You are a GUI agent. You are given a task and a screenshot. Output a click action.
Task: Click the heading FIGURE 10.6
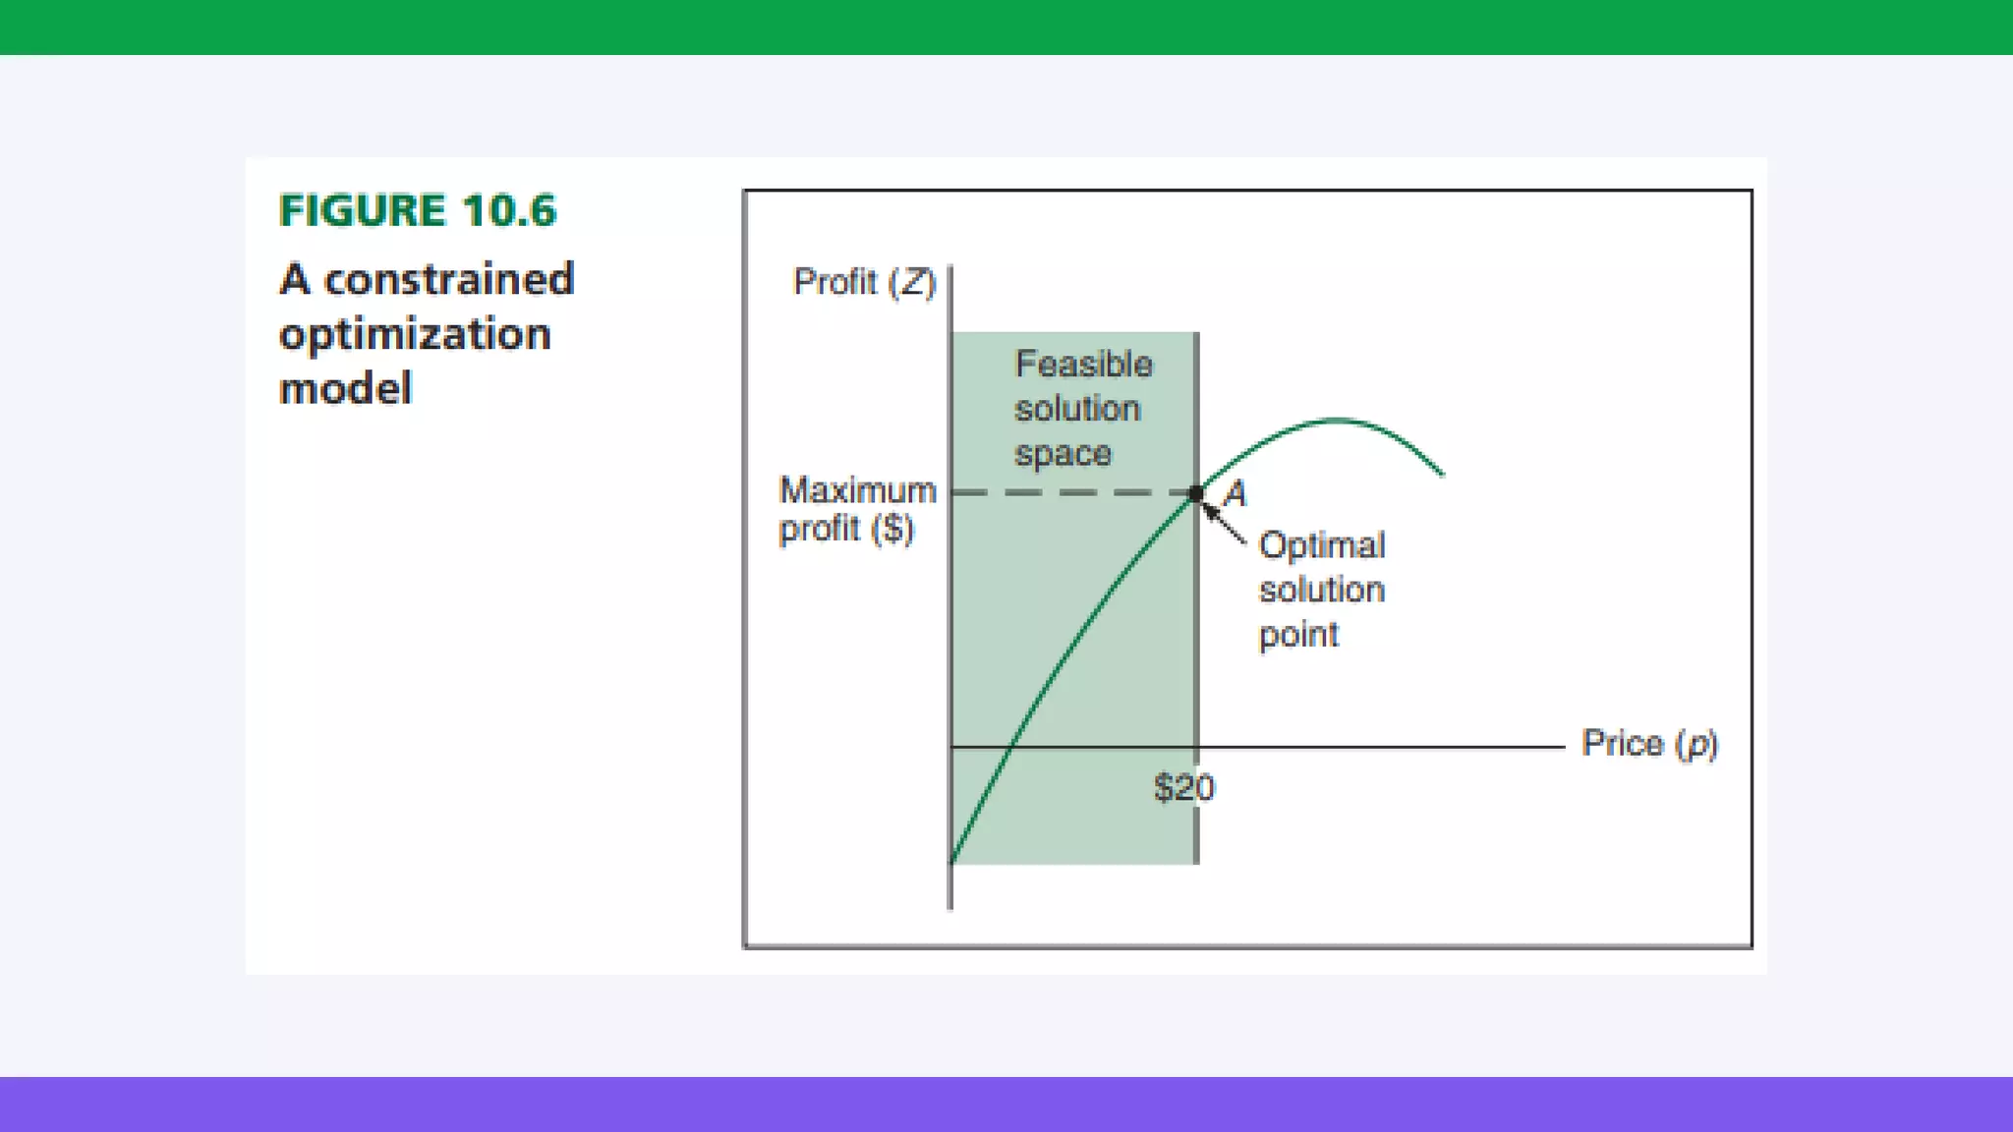click(417, 210)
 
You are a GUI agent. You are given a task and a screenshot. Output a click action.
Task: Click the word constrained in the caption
click(449, 279)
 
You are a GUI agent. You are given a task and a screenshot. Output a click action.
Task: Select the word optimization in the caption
click(415, 334)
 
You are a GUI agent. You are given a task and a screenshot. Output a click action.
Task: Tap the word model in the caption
click(345, 388)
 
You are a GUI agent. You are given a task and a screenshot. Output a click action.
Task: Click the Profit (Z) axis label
click(864, 282)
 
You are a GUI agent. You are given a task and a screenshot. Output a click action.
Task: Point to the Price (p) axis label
click(1649, 744)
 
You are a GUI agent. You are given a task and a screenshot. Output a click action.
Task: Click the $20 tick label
click(1183, 787)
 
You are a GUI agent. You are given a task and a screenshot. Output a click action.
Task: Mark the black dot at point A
click(1195, 493)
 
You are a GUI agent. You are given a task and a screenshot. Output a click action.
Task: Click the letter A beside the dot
click(1236, 493)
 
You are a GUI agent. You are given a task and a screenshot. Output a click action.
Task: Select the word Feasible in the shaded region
click(1083, 365)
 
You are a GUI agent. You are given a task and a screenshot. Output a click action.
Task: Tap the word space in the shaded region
click(1063, 454)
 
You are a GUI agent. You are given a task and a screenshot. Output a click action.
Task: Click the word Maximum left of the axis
click(857, 489)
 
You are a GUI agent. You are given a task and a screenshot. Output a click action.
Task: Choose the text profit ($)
click(846, 529)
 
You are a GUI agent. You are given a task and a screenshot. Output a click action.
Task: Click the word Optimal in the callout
click(1321, 545)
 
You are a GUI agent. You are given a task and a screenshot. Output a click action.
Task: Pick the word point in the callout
click(1297, 635)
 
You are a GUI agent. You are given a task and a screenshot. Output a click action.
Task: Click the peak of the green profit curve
click(1335, 421)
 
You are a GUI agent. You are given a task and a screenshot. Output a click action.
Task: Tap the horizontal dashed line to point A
click(1071, 492)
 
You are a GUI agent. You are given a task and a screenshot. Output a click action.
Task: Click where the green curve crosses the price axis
click(1010, 747)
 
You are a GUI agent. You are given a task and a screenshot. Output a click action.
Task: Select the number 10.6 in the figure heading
click(509, 210)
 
